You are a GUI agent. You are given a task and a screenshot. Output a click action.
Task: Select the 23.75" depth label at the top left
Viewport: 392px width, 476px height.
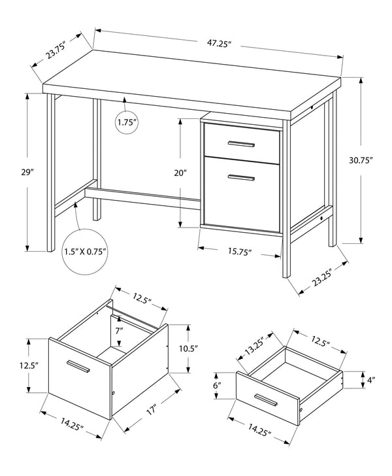point(60,51)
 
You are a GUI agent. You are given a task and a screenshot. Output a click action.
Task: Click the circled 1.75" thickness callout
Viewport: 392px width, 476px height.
point(128,122)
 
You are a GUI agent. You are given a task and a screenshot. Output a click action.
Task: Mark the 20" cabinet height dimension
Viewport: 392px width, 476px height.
point(181,173)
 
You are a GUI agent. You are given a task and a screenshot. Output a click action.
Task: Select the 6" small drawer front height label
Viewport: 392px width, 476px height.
point(217,386)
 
